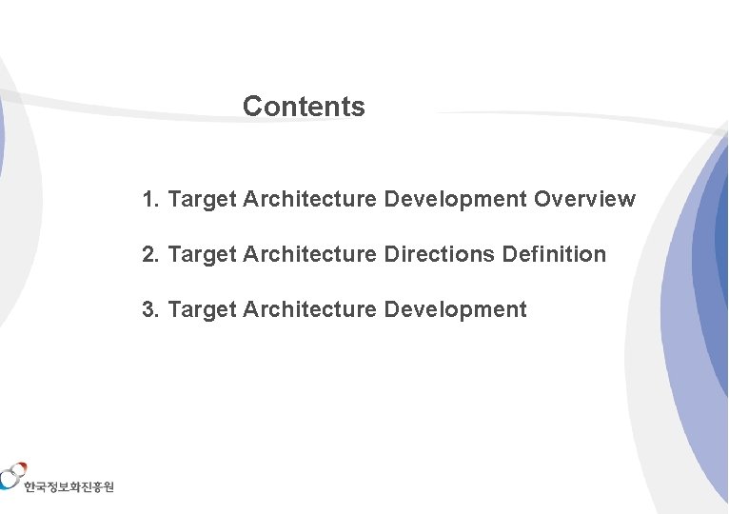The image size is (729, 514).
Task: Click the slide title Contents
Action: click(x=304, y=107)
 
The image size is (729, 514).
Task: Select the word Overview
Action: click(x=584, y=200)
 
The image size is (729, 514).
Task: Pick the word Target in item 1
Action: click(x=202, y=200)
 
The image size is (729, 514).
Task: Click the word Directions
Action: click(x=439, y=255)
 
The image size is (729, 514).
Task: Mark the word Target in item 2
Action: click(x=202, y=255)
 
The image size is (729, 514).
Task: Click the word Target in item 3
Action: click(x=202, y=310)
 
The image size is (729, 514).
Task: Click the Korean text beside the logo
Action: click(x=69, y=486)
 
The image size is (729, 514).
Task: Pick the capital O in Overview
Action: click(x=542, y=200)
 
